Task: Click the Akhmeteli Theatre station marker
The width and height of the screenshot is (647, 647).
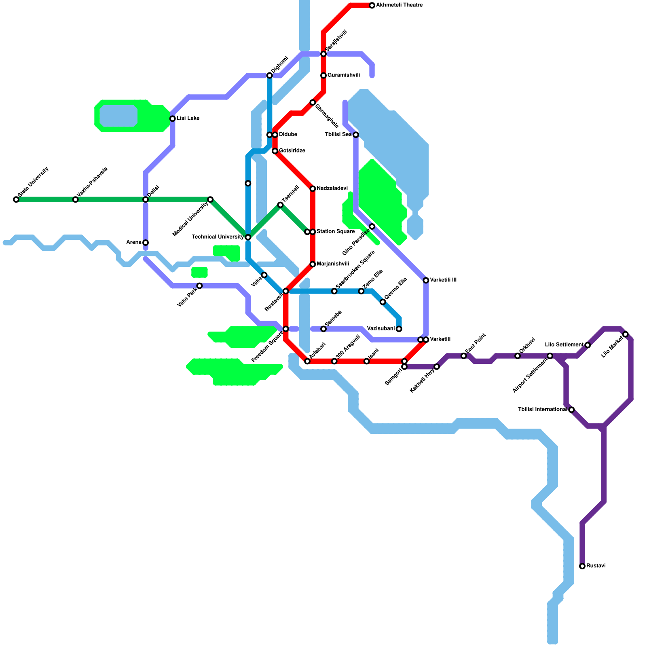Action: coord(372,6)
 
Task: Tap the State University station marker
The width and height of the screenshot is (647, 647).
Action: coord(16,199)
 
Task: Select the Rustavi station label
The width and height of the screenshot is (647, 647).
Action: coord(596,566)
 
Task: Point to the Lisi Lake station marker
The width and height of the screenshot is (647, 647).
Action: coord(173,118)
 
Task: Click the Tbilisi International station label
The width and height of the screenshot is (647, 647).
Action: coord(542,410)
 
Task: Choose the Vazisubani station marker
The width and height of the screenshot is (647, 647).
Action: coord(399,329)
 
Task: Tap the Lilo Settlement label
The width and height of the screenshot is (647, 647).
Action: coord(564,345)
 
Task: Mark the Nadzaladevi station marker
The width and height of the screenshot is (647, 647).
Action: coord(313,189)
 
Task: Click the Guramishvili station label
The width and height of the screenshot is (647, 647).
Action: coord(343,75)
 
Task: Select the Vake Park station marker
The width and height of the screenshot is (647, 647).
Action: coord(199,286)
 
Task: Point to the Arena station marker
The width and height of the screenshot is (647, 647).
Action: coord(146,243)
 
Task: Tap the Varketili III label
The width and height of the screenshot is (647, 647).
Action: coord(443,280)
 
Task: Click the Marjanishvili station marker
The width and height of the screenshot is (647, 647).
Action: coord(313,264)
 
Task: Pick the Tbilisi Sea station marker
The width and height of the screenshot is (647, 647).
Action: coord(356,135)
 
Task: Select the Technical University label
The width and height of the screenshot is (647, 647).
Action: coord(218,237)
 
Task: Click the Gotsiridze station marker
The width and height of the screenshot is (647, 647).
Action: coord(275,151)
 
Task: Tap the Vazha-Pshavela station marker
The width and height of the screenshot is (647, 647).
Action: coord(76,199)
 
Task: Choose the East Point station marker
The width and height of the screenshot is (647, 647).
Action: coord(464,356)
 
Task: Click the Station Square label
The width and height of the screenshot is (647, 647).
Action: coord(335,232)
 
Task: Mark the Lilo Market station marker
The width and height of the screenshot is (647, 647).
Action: coord(626,334)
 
